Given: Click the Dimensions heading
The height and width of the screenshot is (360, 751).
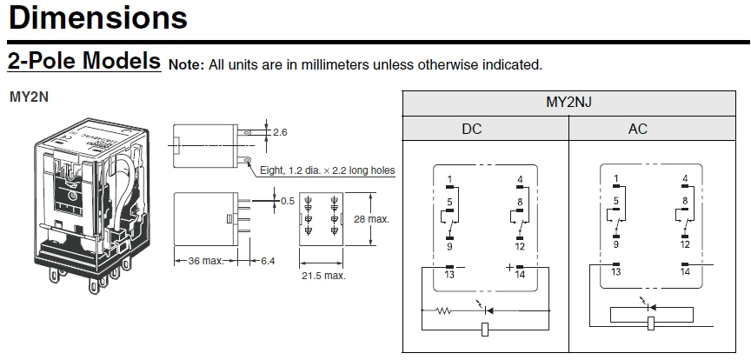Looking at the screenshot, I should [x=96, y=17].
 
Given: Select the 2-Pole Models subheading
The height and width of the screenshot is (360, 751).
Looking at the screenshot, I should [x=84, y=62].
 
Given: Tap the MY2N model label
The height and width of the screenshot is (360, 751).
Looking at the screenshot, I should [x=29, y=97].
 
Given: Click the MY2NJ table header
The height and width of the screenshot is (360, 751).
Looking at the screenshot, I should [x=568, y=103].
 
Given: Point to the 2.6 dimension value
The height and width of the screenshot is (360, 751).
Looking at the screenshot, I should [x=280, y=132].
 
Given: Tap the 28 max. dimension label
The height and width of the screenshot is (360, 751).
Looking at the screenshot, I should [x=373, y=219].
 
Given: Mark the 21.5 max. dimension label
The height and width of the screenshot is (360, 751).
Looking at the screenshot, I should [x=323, y=276].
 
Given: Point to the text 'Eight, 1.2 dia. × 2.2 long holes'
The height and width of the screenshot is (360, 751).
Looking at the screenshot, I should [x=328, y=171].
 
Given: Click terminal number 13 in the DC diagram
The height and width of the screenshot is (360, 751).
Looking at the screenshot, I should [x=449, y=274].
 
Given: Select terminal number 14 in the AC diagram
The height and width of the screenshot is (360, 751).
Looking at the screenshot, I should [x=685, y=272].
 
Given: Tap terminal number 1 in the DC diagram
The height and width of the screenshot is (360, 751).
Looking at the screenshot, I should [x=449, y=181].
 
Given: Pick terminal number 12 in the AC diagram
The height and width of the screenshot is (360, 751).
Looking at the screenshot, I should [x=685, y=245].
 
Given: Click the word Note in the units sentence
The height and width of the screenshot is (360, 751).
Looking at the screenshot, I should [x=184, y=64].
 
